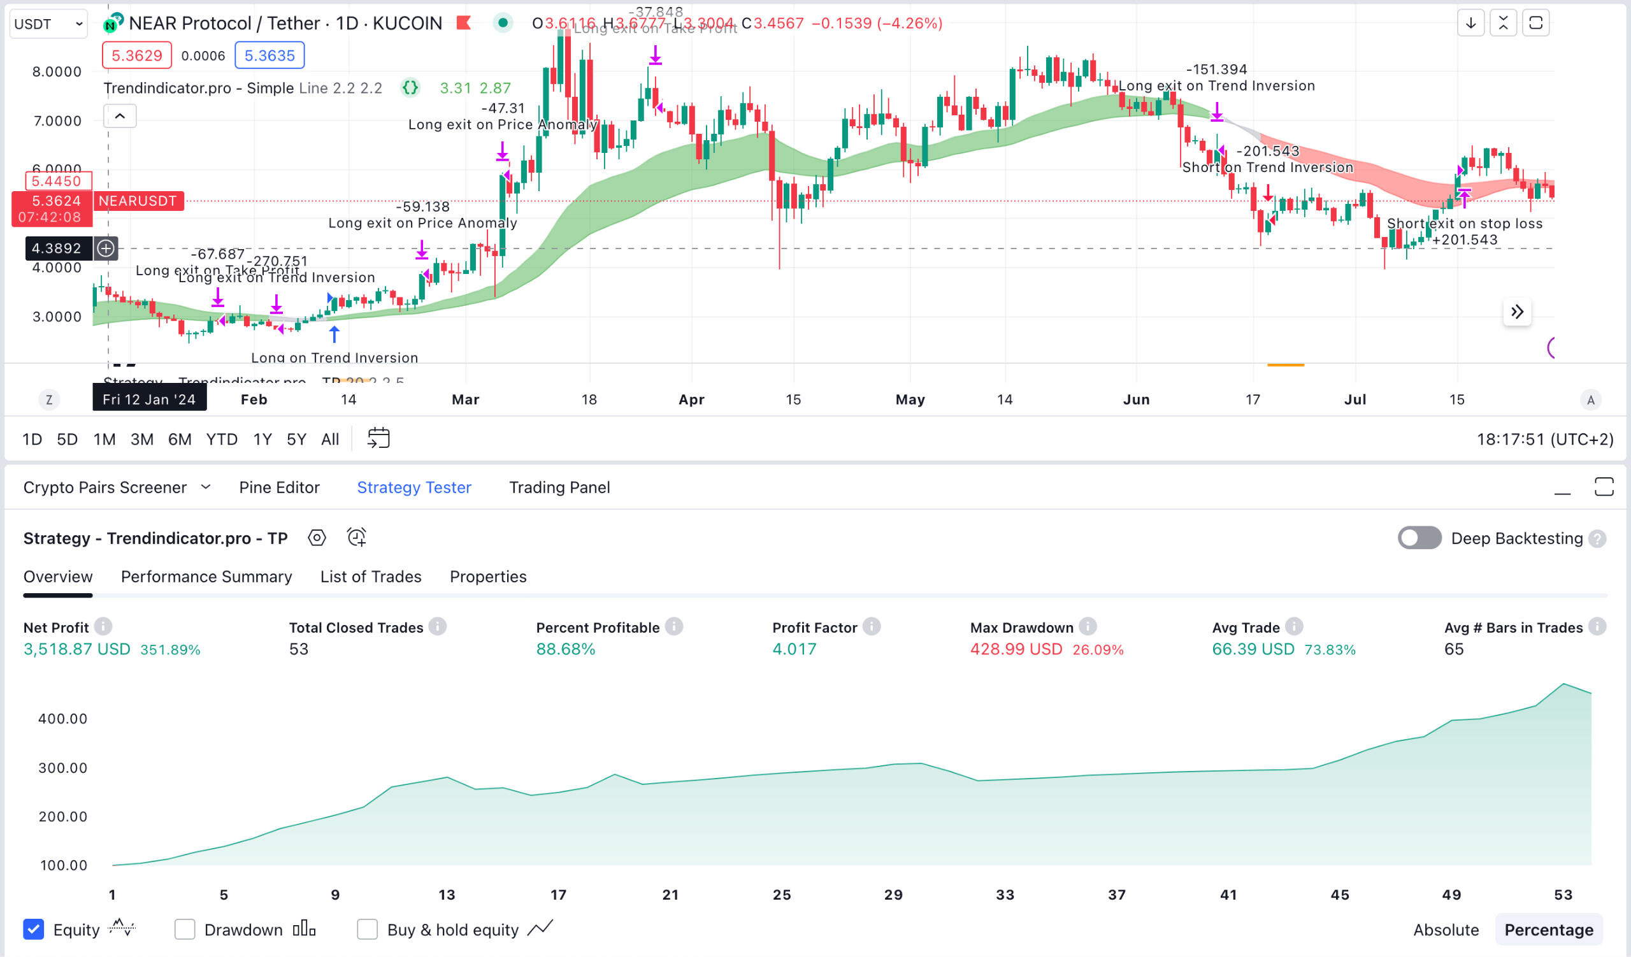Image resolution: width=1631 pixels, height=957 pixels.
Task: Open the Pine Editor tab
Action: [279, 487]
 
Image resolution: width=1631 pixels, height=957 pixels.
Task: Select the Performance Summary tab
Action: [206, 577]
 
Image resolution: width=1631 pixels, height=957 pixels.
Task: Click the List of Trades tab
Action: [370, 577]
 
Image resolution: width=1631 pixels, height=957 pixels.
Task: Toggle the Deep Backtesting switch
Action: [1419, 538]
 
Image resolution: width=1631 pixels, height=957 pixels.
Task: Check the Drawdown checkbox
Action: [185, 929]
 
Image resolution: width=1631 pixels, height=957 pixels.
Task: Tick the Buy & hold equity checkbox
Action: [367, 929]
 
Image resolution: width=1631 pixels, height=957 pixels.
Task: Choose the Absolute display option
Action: [1445, 930]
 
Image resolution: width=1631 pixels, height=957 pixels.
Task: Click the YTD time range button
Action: [221, 440]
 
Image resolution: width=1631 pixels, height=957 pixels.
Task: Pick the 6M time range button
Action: [179, 440]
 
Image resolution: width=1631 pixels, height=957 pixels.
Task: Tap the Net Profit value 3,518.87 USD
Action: [76, 649]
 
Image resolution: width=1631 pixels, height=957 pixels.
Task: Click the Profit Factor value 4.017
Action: [793, 649]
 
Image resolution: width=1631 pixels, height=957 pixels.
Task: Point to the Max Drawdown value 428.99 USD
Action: [1016, 649]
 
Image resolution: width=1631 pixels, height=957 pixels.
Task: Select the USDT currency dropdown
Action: [48, 24]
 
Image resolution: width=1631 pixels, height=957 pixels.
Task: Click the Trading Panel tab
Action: [559, 487]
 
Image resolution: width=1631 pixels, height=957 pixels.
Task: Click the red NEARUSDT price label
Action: [137, 201]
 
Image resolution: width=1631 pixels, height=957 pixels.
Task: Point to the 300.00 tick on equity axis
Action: [62, 768]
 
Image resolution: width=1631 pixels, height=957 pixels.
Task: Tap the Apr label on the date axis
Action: [691, 399]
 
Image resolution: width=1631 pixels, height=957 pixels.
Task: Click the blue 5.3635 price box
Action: [269, 55]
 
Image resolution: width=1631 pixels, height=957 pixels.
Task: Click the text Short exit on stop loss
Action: [1464, 223]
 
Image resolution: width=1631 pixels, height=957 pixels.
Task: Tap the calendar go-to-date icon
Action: [378, 439]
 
